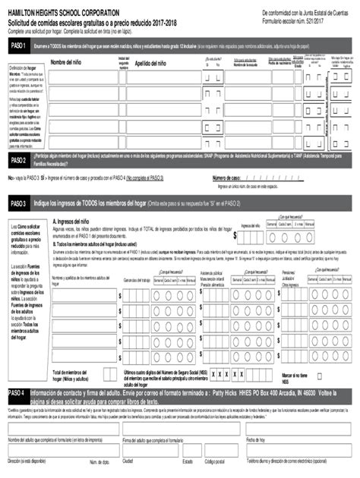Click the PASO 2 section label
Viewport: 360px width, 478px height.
coord(17,161)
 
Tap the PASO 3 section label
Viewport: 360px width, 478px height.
coord(17,204)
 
